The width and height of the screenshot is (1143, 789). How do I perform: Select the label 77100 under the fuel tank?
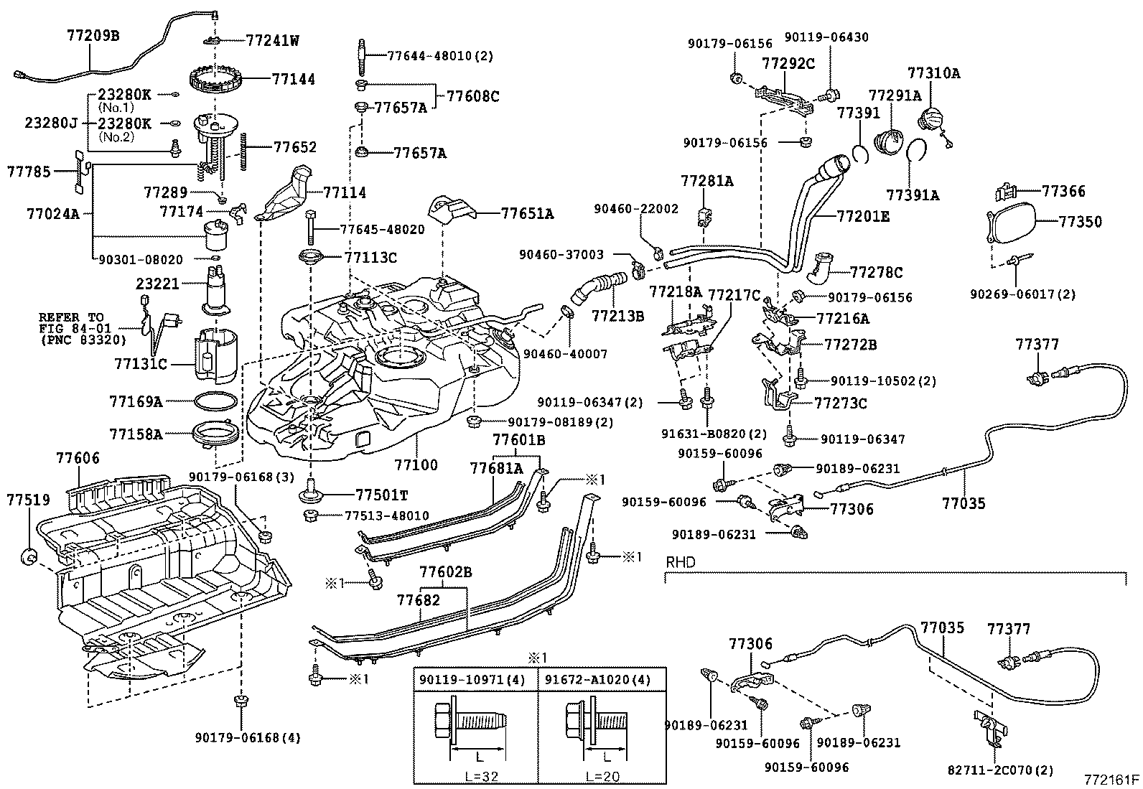(x=416, y=465)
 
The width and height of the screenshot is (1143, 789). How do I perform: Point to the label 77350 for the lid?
(x=1080, y=221)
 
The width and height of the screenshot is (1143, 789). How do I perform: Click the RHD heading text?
(x=681, y=562)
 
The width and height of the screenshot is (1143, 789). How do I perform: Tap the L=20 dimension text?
(x=603, y=777)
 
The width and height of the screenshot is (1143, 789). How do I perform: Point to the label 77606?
(x=78, y=458)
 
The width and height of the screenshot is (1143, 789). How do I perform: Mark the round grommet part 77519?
(x=31, y=555)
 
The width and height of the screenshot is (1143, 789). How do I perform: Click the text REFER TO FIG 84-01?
(x=72, y=322)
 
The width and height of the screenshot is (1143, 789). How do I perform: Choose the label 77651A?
(x=527, y=213)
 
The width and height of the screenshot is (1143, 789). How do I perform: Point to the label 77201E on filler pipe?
(x=864, y=215)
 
